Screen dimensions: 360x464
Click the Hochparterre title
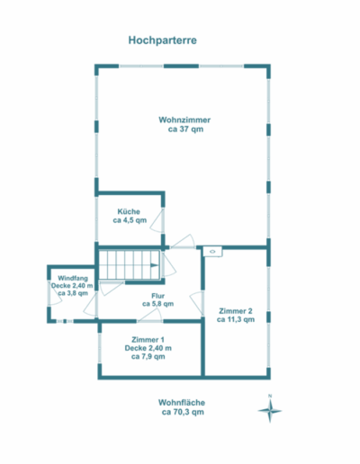[162, 40]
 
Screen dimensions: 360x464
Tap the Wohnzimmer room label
[184, 120]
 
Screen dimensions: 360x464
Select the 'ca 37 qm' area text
[185, 129]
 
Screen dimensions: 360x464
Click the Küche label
[129, 211]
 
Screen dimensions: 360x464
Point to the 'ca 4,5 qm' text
[130, 220]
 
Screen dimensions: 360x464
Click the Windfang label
[73, 278]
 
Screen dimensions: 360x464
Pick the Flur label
[158, 296]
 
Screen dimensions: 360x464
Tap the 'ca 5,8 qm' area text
[158, 304]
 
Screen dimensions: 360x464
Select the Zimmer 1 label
[148, 340]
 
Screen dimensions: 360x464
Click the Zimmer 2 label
[236, 311]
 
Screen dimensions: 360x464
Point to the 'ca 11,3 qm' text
[236, 319]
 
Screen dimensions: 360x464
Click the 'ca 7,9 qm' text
[148, 356]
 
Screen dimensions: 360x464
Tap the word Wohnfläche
[182, 403]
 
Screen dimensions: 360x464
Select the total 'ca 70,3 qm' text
[183, 412]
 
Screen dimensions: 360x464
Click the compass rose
[270, 411]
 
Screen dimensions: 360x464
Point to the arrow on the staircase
[154, 265]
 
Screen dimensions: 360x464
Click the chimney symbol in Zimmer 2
[212, 252]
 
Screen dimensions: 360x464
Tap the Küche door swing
[156, 221]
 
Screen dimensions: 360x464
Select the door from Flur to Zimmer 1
[150, 316]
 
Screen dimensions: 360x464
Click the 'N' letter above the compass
[270, 397]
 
